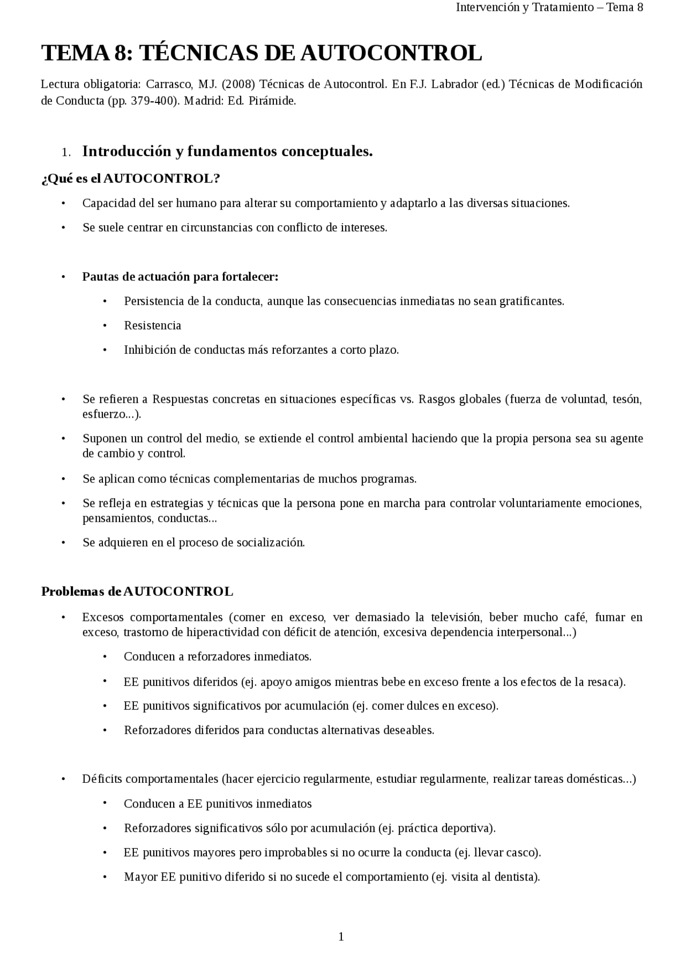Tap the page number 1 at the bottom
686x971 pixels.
[x=341, y=937]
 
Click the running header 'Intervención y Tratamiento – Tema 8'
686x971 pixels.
[x=549, y=7]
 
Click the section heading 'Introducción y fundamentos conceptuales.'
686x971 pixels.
[x=227, y=152]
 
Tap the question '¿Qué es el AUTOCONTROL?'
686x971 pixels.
[x=131, y=179]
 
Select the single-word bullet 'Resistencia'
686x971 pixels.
[x=153, y=325]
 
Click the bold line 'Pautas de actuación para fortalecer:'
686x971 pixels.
[x=180, y=277]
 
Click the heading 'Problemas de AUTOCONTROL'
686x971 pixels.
[x=137, y=591]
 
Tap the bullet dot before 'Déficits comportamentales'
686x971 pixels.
[x=63, y=779]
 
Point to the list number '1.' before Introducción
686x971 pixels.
[x=66, y=153]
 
